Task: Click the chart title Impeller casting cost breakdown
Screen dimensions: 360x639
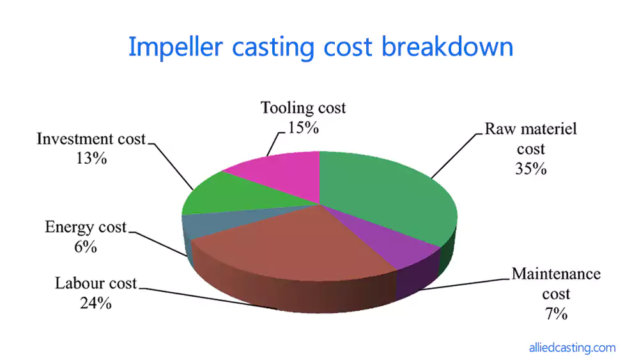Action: point(320,47)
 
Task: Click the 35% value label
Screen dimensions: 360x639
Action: point(531,169)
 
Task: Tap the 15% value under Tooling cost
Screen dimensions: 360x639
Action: point(303,127)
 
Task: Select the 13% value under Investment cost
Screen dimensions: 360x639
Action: point(91,159)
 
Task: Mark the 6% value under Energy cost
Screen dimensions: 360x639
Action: point(85,247)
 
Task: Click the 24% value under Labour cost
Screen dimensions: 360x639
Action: point(96,303)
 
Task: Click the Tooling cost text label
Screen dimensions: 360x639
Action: point(303,107)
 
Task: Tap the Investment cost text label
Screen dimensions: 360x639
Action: point(91,139)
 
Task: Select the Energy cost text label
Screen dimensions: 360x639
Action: point(86,227)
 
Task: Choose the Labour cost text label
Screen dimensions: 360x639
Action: point(96,283)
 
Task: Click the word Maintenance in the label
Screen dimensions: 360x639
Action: point(556,274)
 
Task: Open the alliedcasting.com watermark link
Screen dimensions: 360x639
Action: point(573,348)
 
